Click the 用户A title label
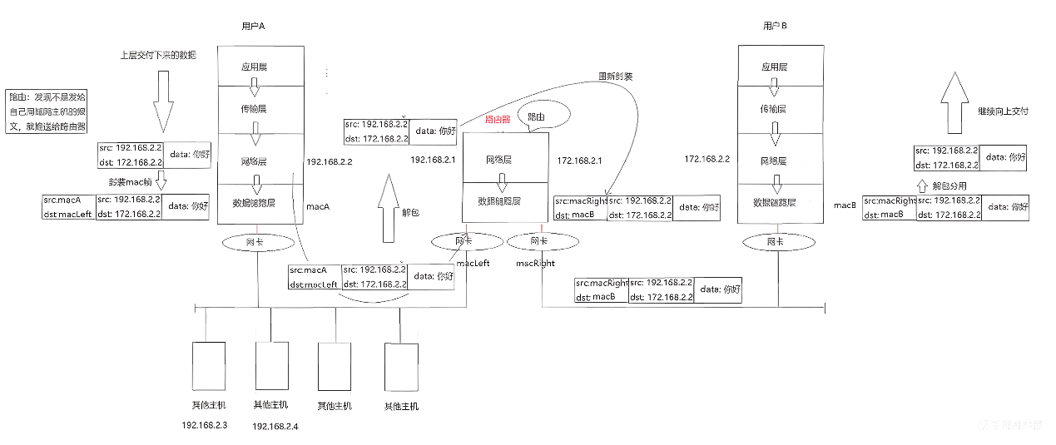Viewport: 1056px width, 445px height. pos(251,27)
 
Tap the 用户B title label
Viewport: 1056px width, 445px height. pos(775,27)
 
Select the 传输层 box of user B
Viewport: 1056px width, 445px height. pos(773,108)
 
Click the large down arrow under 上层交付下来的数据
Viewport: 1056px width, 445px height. pos(163,101)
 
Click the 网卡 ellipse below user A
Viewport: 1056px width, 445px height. pos(258,242)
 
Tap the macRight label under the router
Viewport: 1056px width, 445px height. pos(534,263)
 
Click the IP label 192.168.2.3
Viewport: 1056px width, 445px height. pos(204,426)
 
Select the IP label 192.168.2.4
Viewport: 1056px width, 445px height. pos(275,426)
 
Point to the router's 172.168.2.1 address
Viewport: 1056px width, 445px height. pos(579,159)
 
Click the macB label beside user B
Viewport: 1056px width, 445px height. pos(845,205)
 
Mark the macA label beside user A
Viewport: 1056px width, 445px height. pos(319,205)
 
